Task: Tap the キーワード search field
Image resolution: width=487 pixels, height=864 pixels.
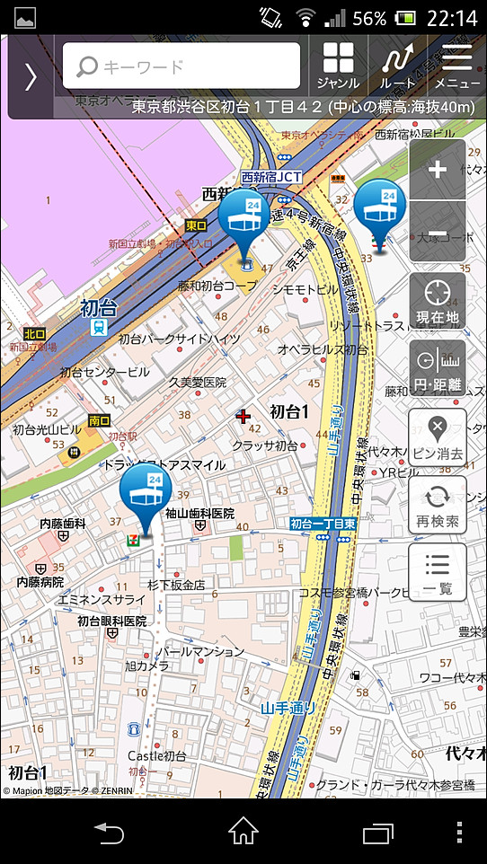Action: pyautogui.click(x=182, y=66)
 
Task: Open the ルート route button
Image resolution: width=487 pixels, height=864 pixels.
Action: pyautogui.click(x=397, y=66)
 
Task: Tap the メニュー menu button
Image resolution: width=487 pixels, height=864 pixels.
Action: pyautogui.click(x=456, y=66)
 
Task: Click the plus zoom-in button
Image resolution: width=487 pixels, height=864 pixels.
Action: pyautogui.click(x=438, y=170)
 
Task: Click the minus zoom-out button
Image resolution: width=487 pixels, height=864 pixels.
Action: pyautogui.click(x=438, y=231)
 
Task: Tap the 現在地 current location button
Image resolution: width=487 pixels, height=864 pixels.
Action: pyautogui.click(x=438, y=301)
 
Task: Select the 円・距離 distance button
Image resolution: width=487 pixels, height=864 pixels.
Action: pyautogui.click(x=438, y=368)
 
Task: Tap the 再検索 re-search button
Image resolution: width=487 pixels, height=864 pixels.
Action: pyautogui.click(x=438, y=505)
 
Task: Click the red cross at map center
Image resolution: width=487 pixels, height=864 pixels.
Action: pyautogui.click(x=243, y=416)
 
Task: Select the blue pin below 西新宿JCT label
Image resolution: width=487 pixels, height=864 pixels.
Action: pyautogui.click(x=243, y=221)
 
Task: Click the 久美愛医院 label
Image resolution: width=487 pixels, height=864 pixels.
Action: pyautogui.click(x=198, y=382)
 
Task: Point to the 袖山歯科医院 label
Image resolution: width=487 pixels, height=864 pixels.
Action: pyautogui.click(x=199, y=514)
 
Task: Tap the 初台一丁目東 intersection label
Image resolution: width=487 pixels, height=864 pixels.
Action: pyautogui.click(x=323, y=524)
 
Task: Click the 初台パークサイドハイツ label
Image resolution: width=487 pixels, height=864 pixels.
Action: pyautogui.click(x=180, y=339)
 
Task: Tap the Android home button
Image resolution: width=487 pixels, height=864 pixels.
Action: pyautogui.click(x=243, y=832)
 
